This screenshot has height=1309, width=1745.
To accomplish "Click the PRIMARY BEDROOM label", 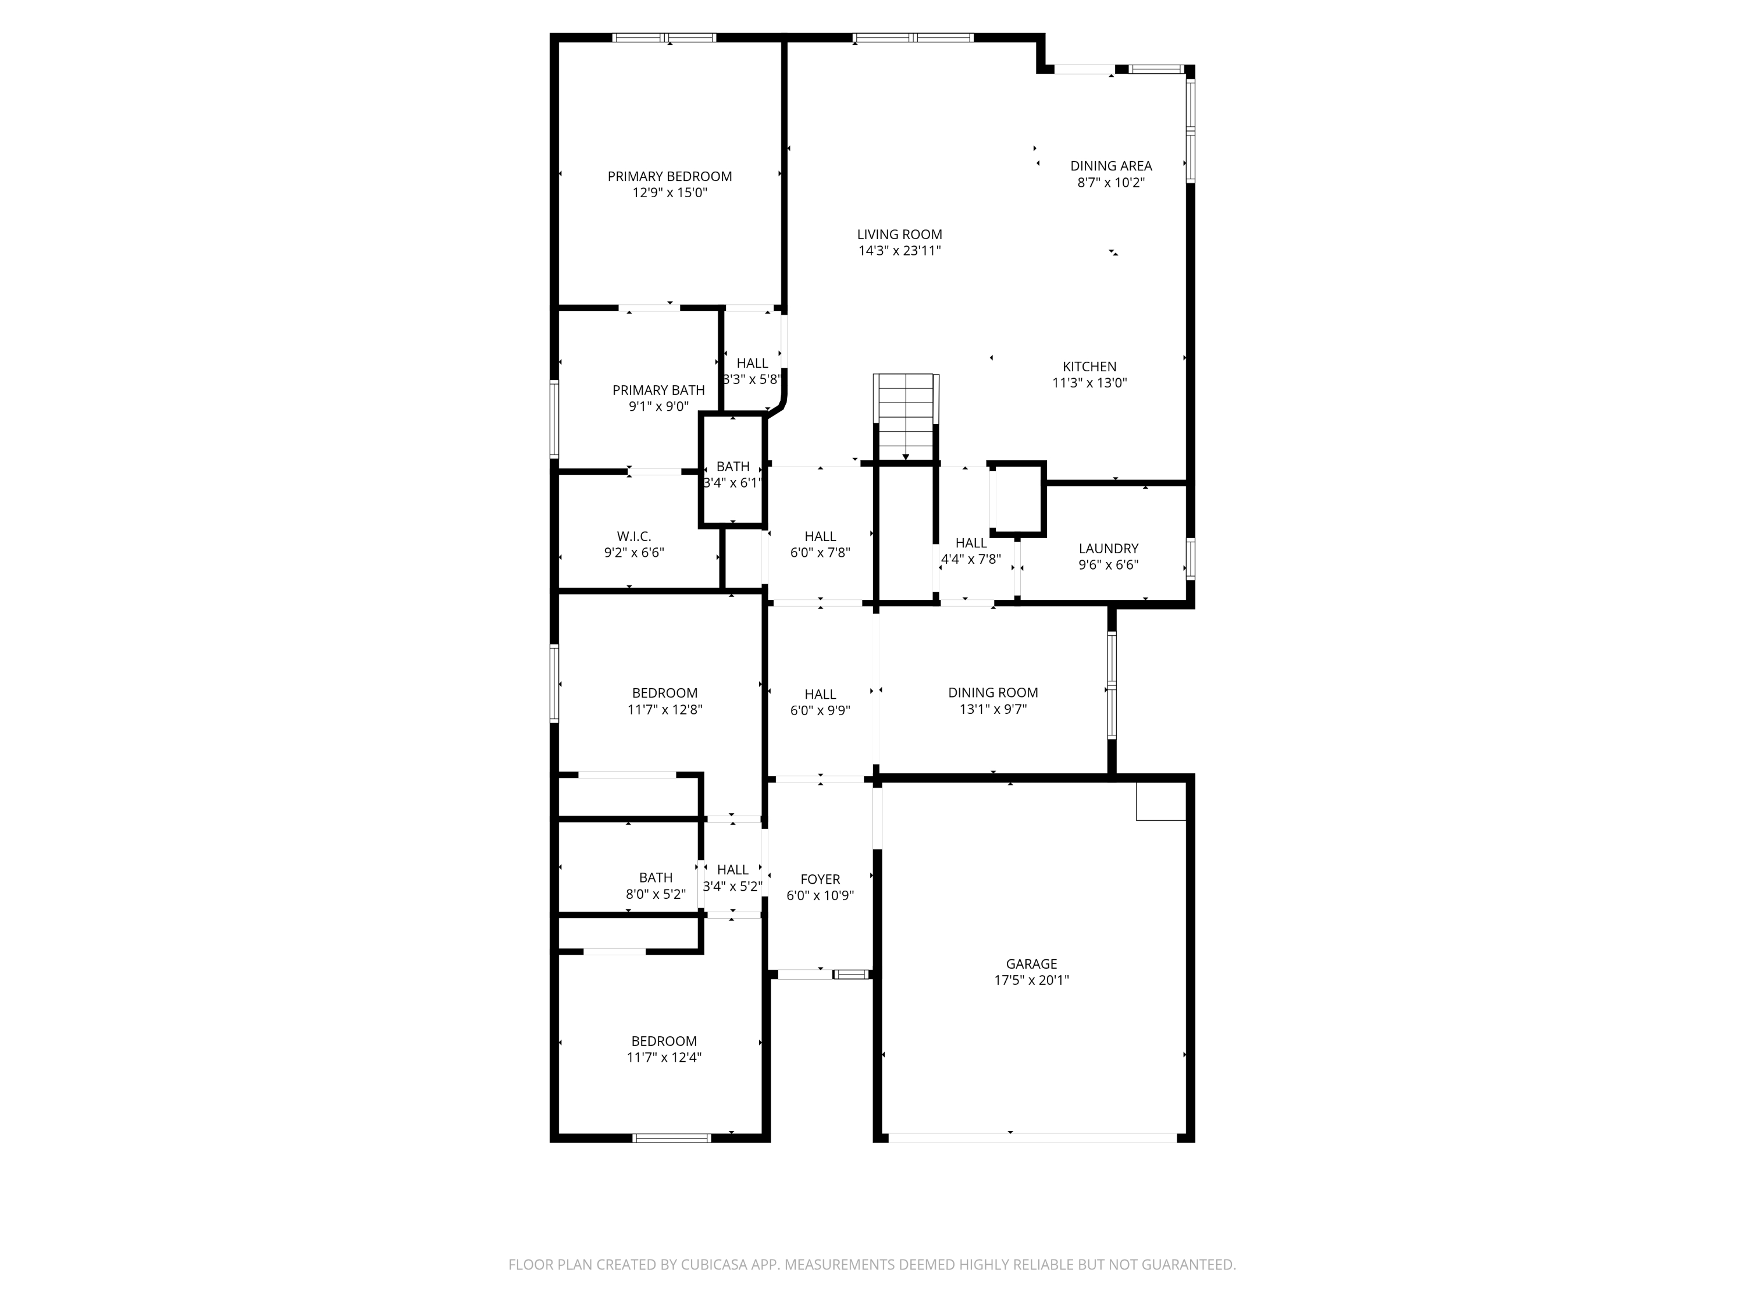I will click(x=669, y=176).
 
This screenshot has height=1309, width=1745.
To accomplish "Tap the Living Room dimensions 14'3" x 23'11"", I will click(x=899, y=251).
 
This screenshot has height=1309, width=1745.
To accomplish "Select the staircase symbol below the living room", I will click(x=906, y=417).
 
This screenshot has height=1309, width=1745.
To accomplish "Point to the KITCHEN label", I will click(x=1089, y=366).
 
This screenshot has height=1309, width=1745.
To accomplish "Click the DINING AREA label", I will click(x=1111, y=166).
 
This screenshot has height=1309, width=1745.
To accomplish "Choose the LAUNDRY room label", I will click(x=1109, y=549).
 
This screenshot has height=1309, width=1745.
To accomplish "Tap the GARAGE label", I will click(x=1031, y=963).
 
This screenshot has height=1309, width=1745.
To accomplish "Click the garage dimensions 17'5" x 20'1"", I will click(x=1031, y=980).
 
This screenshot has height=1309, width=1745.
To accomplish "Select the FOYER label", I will click(x=820, y=879).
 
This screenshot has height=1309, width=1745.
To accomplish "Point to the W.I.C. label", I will click(x=633, y=536).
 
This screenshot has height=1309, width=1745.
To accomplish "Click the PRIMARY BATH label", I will click(x=658, y=390).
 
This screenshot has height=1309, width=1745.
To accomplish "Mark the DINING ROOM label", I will click(x=992, y=692).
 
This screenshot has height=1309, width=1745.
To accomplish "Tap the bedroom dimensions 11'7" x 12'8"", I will click(x=664, y=709).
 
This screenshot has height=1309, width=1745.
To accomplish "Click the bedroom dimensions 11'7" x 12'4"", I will click(x=664, y=1057).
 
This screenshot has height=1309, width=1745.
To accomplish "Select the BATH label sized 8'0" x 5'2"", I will click(x=656, y=877).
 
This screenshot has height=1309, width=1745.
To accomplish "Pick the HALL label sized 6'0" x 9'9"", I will click(x=820, y=694).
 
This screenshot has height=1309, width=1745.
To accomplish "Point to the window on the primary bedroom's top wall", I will click(x=664, y=37).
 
